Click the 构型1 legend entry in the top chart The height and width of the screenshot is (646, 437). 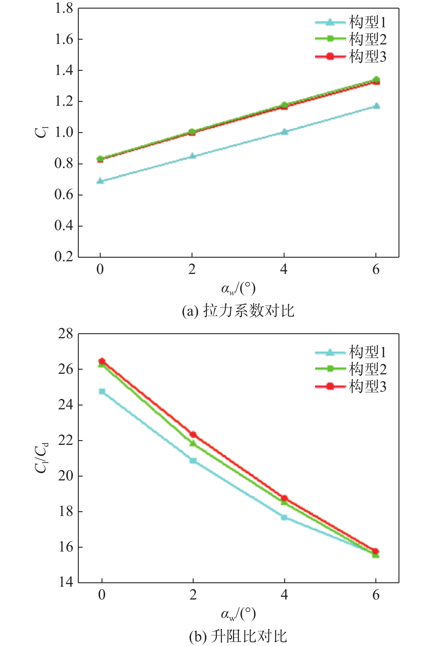tap(351, 22)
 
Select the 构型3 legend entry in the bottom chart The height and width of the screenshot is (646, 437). tap(351, 387)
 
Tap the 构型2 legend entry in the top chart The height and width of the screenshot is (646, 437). tap(351, 39)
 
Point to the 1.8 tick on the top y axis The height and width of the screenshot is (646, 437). tap(64, 8)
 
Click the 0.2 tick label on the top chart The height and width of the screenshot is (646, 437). tap(64, 257)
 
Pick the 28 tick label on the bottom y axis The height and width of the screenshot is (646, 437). tap(65, 334)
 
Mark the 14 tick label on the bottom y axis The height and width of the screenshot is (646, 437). tap(65, 582)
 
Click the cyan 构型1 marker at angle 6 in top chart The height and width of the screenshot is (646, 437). tap(376, 106)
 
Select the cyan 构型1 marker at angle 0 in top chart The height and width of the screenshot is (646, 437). tap(100, 181)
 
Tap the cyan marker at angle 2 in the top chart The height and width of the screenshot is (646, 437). tap(192, 156)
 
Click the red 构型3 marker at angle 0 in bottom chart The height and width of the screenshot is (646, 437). tap(102, 361)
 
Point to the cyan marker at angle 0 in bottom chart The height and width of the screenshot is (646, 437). tap(102, 392)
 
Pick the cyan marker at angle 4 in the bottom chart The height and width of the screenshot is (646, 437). tap(284, 517)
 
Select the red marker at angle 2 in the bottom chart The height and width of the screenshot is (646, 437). tap(193, 435)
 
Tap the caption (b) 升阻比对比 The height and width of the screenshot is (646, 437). tap(238, 636)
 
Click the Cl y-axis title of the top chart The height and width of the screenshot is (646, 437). tap(41, 132)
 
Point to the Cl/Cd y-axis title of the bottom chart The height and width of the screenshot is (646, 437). tap(41, 458)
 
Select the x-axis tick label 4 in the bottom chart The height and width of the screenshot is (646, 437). tap(284, 594)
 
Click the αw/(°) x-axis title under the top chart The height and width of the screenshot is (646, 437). tap(238, 289)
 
